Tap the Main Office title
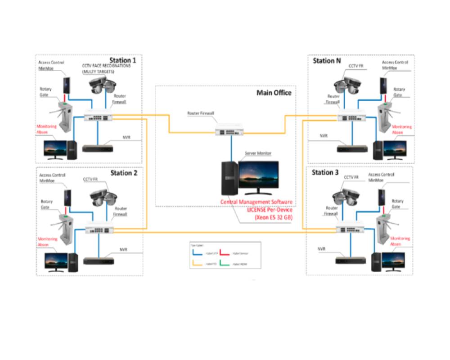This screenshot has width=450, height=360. (x=274, y=93)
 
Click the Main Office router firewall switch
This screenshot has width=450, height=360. (x=231, y=131)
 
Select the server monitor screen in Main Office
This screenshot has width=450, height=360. (x=258, y=175)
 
